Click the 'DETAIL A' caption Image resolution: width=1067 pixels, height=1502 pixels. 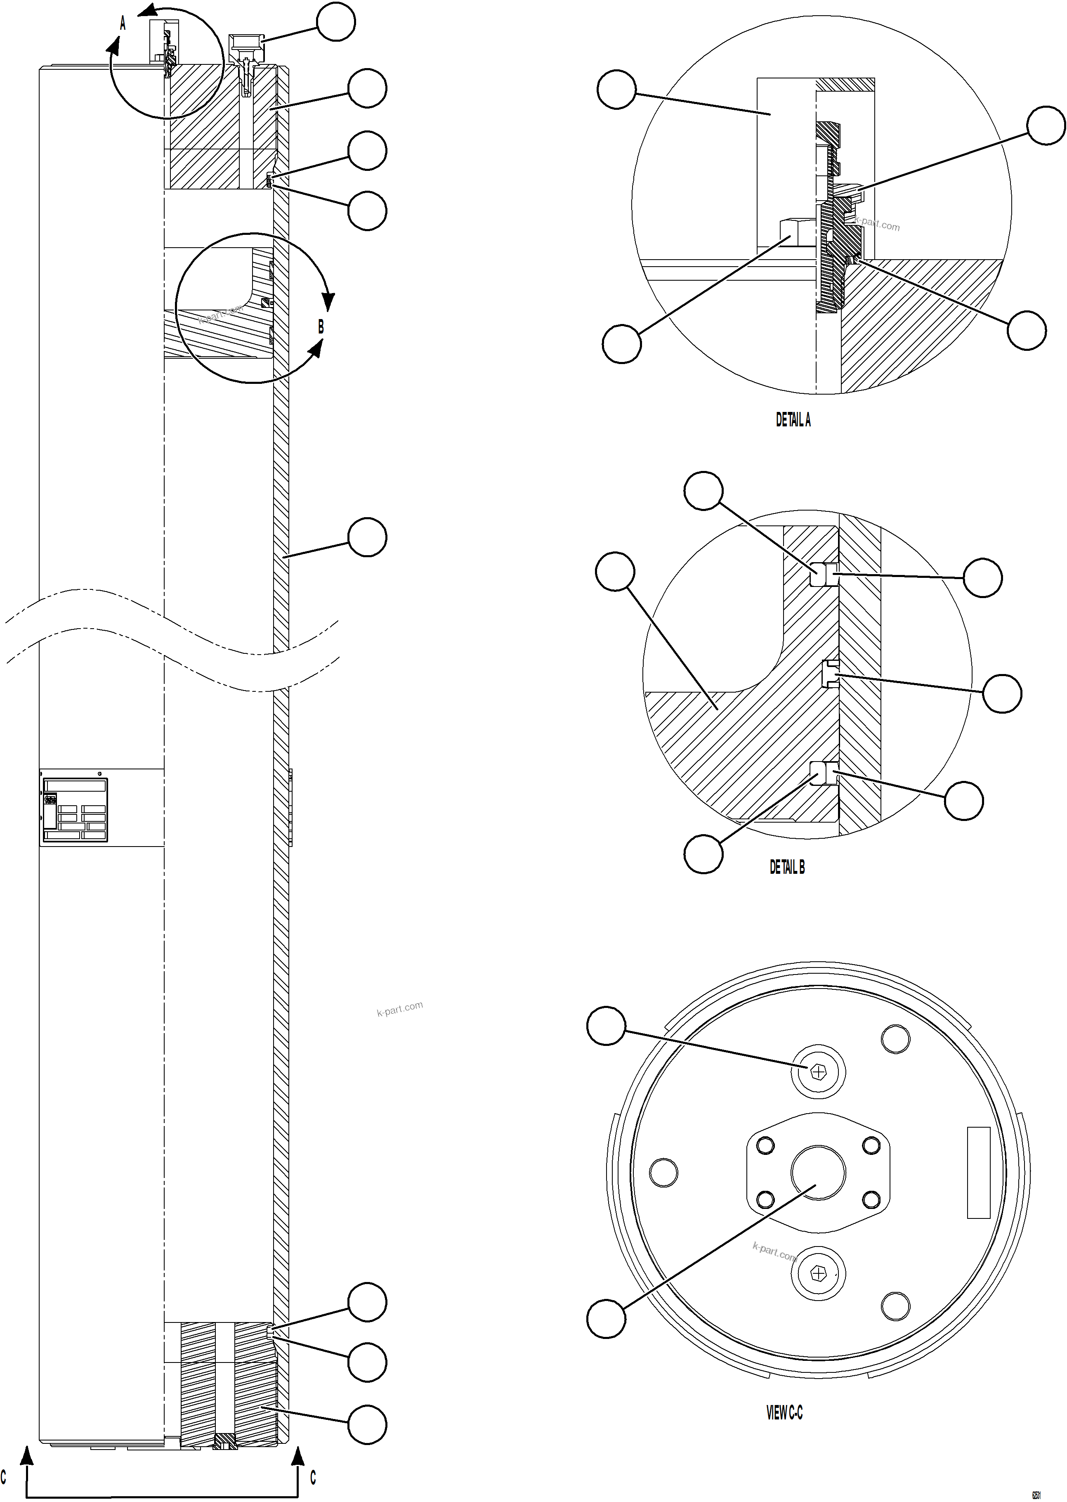[x=793, y=420]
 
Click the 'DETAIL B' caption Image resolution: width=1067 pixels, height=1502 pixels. [x=787, y=867]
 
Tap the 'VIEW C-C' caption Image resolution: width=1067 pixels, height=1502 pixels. [x=784, y=1412]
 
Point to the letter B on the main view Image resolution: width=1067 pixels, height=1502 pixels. [x=321, y=327]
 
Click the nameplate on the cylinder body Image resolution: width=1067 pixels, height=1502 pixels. [x=74, y=810]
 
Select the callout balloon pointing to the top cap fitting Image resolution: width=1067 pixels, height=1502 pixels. [x=336, y=22]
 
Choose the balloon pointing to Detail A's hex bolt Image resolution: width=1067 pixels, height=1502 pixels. [x=621, y=343]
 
